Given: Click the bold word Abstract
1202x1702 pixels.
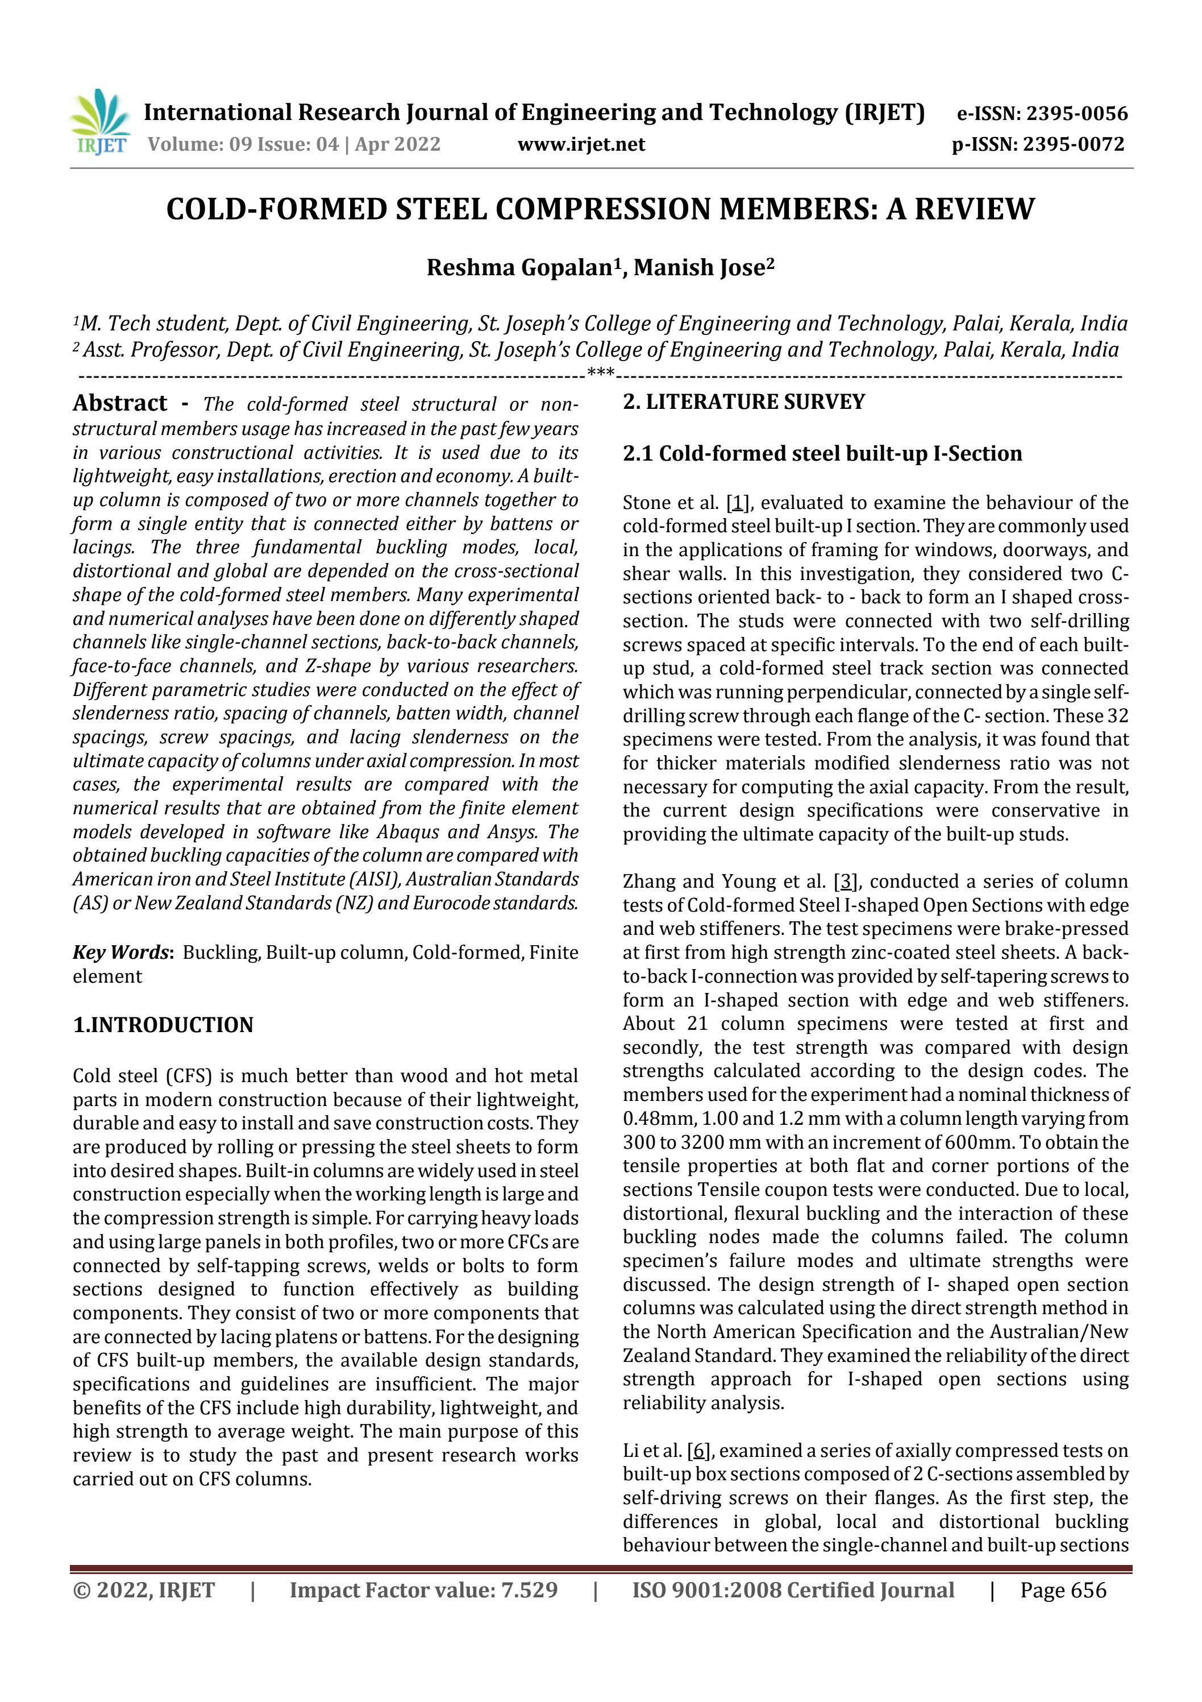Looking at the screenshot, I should tap(120, 403).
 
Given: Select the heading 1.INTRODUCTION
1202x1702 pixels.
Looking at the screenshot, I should tap(163, 1025).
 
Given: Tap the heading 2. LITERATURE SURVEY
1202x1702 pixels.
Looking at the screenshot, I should tap(743, 402).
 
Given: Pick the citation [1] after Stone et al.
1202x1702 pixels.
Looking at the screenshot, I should tap(737, 503).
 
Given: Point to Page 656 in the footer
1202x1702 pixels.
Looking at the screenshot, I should tap(1063, 1589).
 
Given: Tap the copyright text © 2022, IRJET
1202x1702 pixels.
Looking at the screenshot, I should tap(144, 1589).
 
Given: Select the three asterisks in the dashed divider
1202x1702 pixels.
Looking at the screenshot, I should tap(600, 371).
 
